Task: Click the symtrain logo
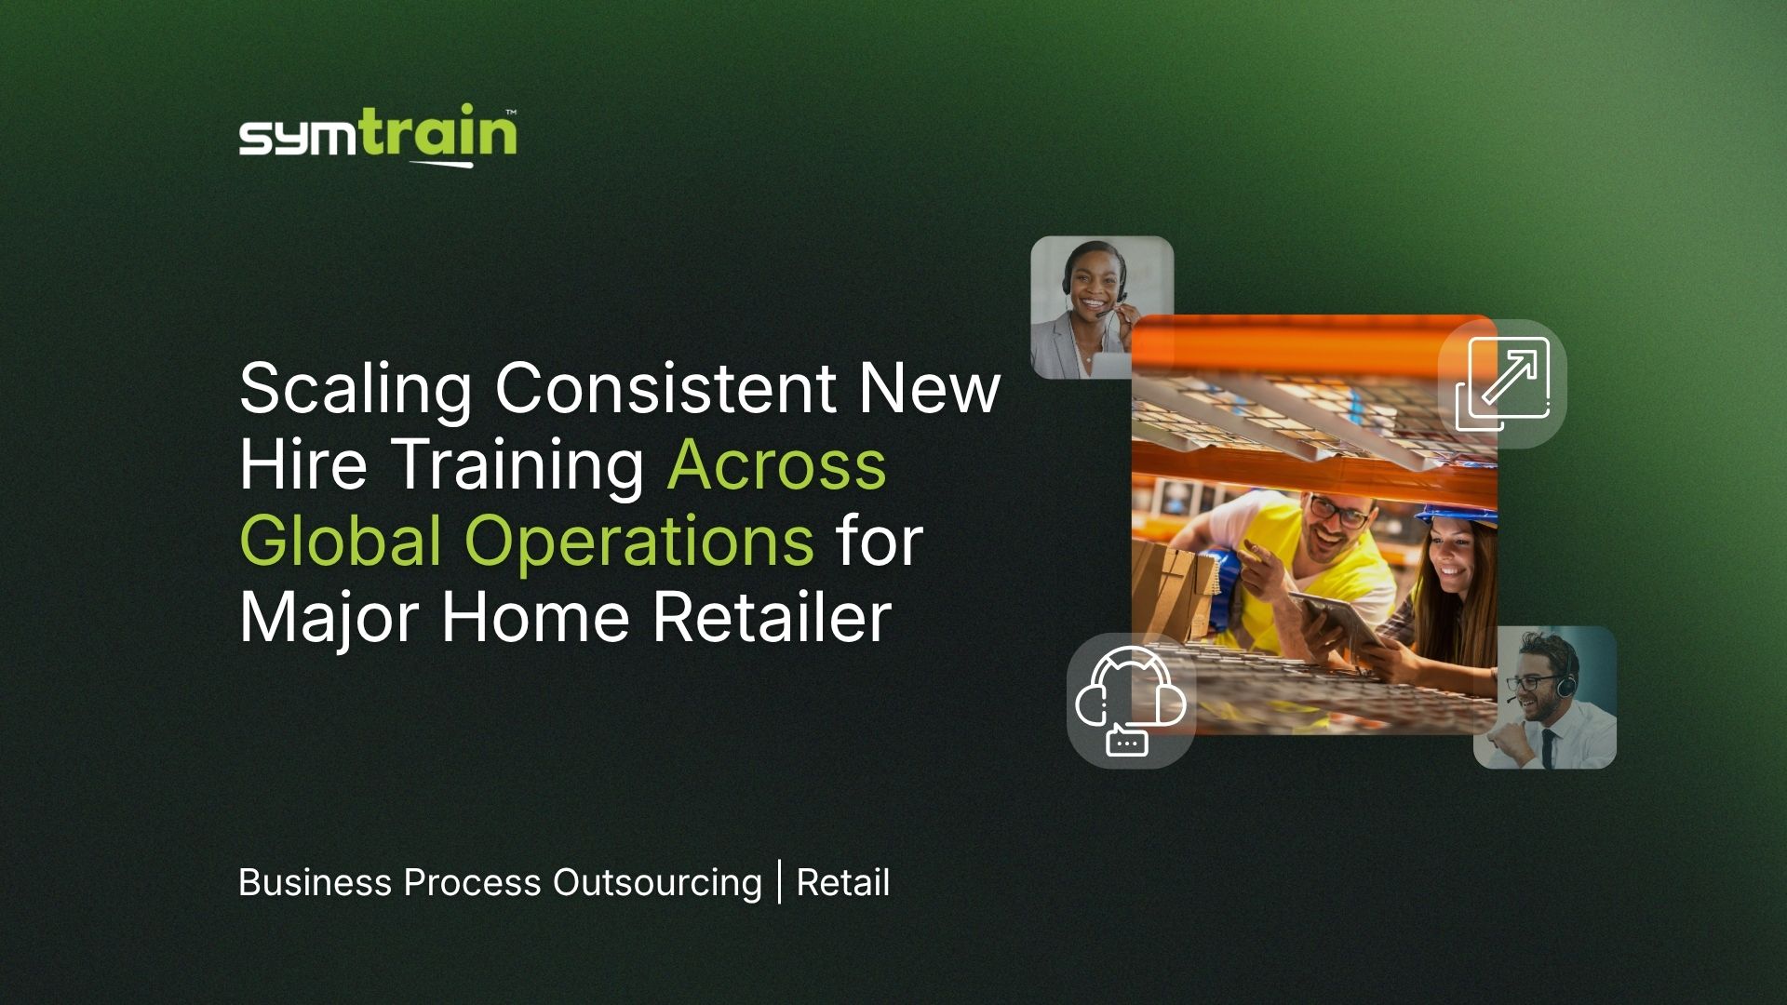[x=378, y=136]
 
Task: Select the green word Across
[x=776, y=464]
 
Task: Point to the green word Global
[x=341, y=541]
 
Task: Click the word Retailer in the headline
[x=772, y=617]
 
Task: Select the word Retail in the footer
[x=843, y=882]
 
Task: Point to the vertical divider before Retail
[x=779, y=882]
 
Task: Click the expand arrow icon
[x=1502, y=383]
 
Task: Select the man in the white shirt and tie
[x=1545, y=698]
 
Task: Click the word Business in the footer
[x=315, y=882]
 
